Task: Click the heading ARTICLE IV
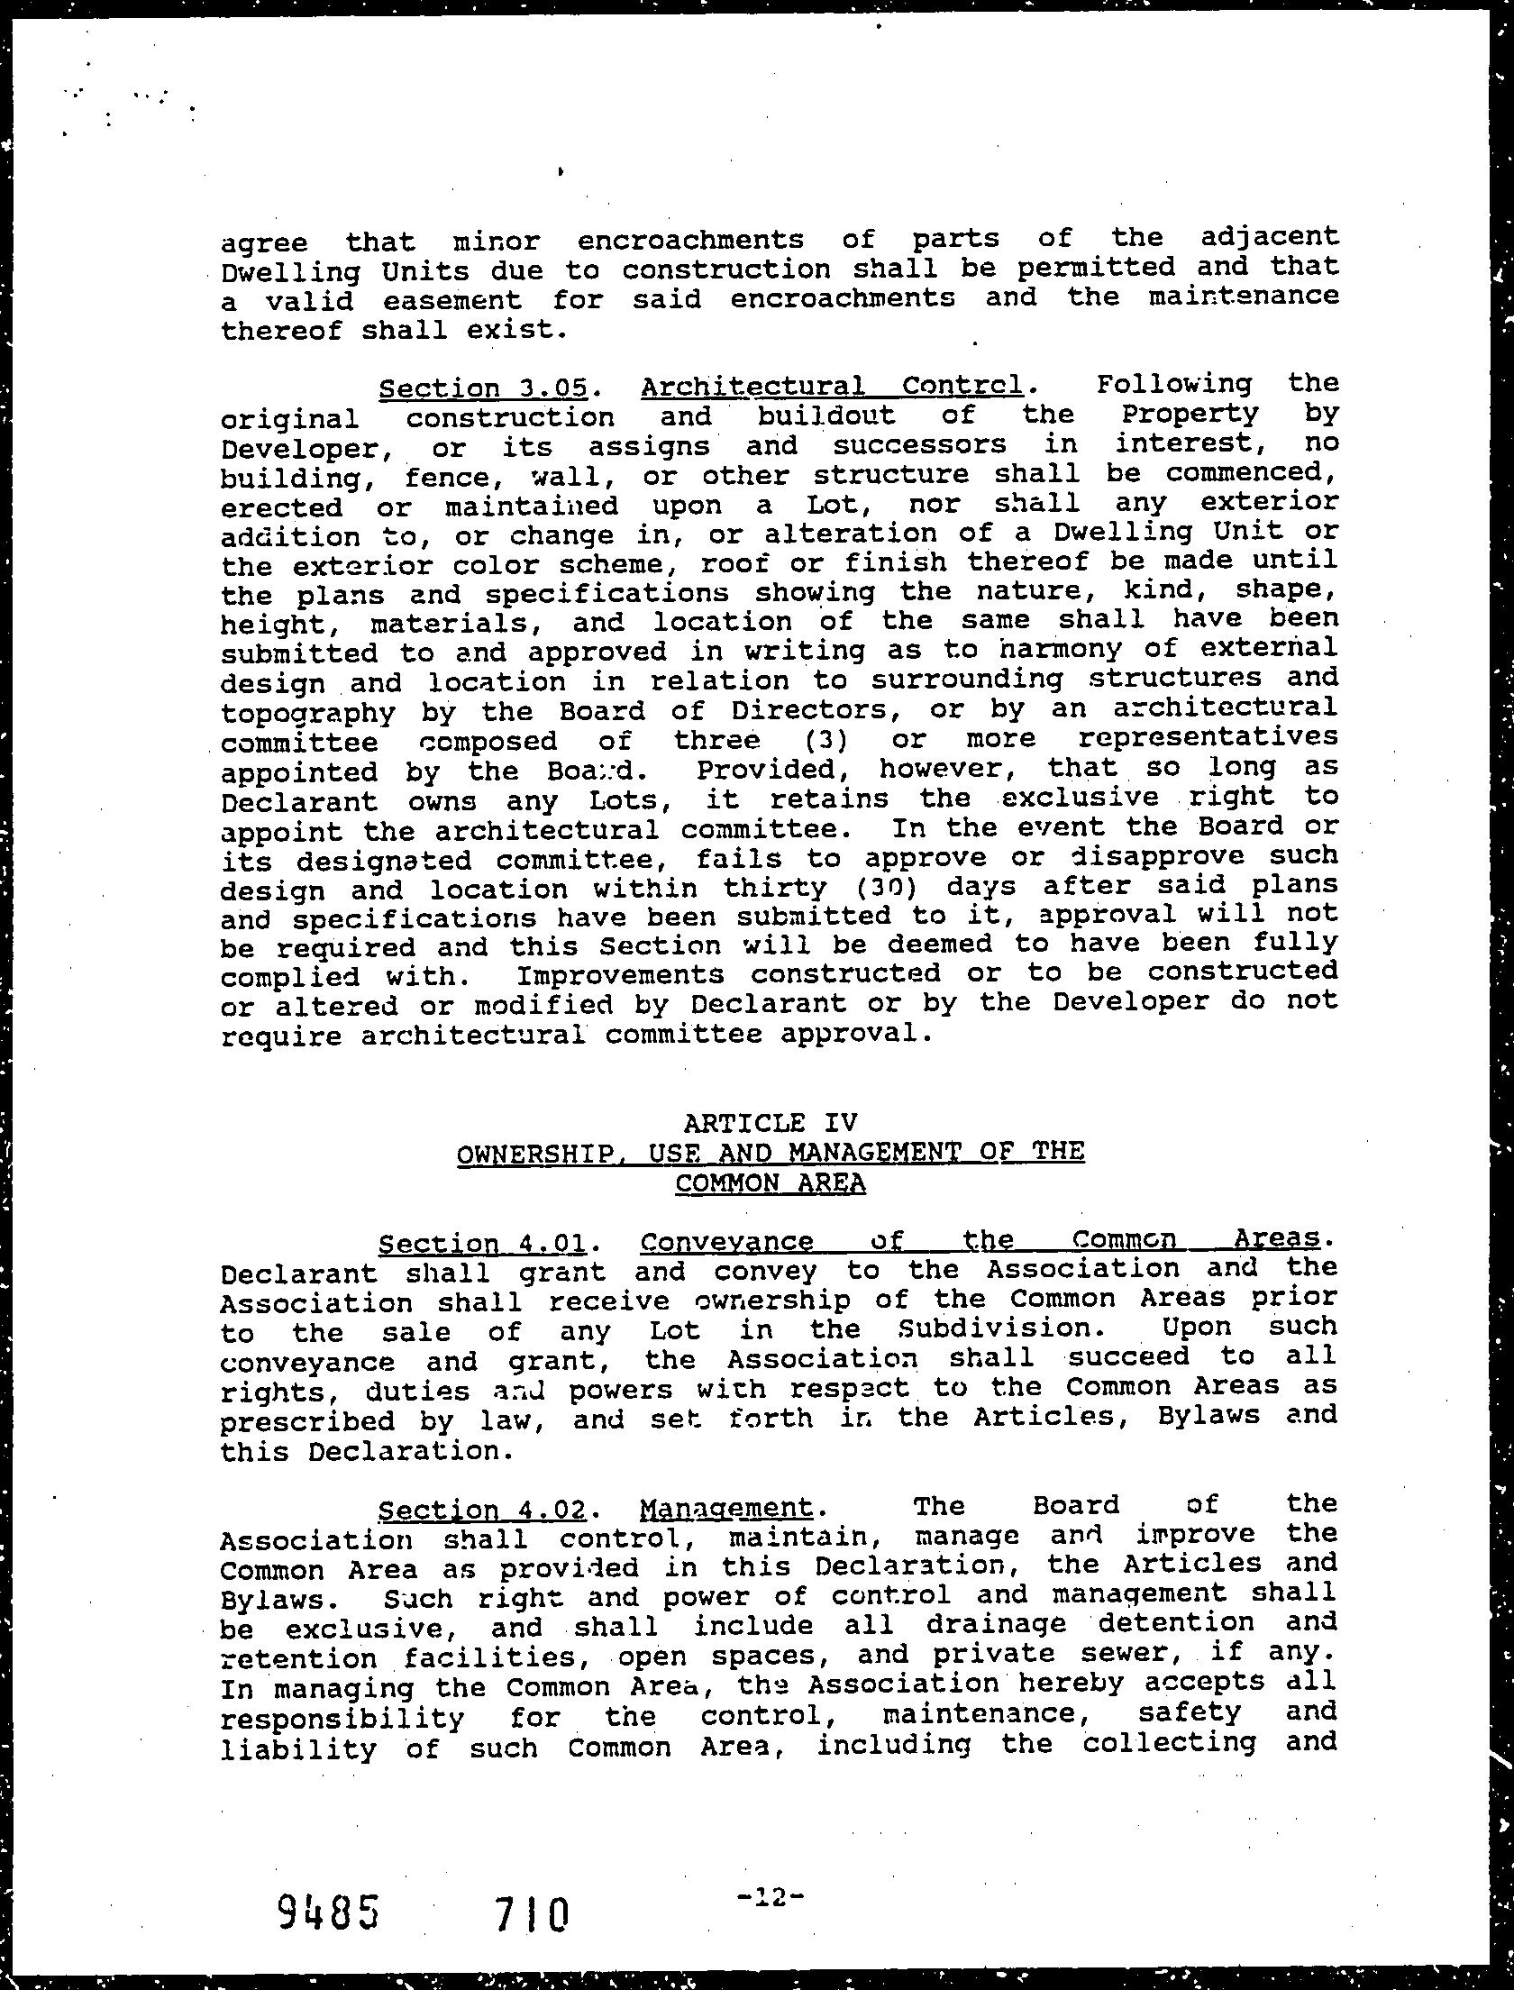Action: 770,1122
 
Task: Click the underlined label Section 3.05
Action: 483,388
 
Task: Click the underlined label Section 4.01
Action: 483,1245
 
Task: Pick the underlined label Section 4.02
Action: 483,1510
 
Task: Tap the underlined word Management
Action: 726,1509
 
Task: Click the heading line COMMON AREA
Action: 770,1183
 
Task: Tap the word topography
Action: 308,714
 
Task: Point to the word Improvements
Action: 620,976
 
